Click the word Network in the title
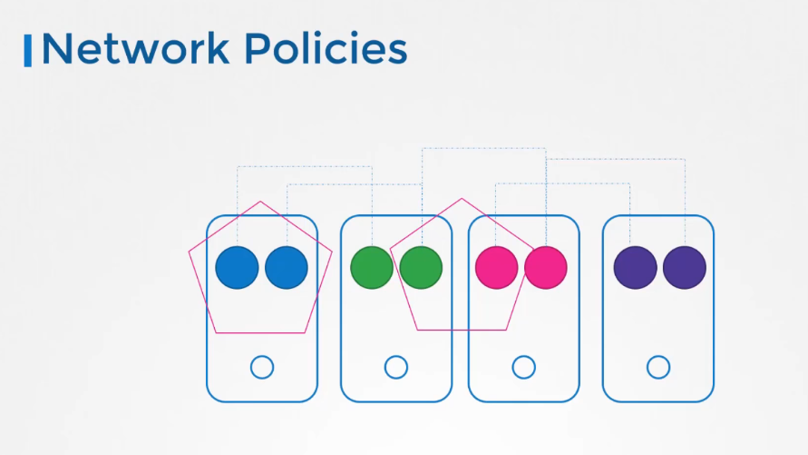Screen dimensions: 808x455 135,48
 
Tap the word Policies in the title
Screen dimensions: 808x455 326,48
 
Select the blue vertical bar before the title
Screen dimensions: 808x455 28,51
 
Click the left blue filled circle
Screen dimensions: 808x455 237,267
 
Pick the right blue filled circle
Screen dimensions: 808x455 287,267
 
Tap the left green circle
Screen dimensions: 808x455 372,267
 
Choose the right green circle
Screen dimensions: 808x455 421,267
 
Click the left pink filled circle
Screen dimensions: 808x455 497,267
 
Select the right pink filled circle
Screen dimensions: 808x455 546,267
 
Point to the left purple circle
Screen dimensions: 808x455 636,267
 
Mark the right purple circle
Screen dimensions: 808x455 685,267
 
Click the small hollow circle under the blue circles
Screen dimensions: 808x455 262,356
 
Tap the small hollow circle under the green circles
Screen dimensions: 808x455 396,356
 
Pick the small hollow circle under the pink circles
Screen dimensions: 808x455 524,356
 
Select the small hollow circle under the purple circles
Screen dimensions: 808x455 658,356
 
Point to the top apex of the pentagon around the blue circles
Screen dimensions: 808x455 260,202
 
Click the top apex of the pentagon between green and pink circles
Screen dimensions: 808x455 462,198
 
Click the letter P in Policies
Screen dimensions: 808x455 258,48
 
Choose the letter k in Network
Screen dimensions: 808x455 218,48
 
